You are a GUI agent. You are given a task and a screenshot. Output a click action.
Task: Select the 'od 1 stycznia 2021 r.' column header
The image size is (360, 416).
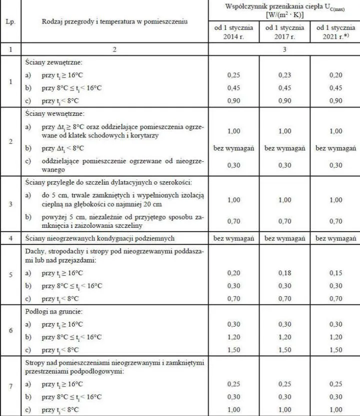click(335, 32)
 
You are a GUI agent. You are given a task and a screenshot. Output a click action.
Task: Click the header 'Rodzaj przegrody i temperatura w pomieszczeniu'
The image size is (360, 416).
click(113, 23)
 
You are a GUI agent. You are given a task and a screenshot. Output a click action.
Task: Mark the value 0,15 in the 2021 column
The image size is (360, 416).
click(335, 273)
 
